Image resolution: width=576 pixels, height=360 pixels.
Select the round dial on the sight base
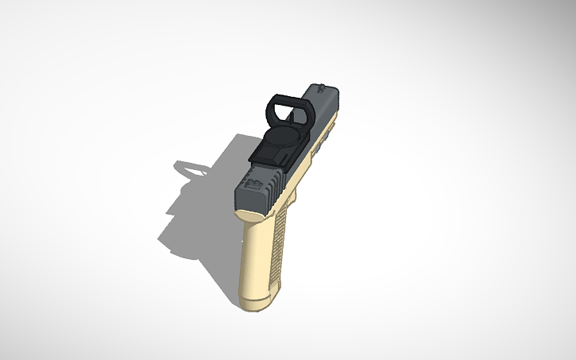coord(279,143)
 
